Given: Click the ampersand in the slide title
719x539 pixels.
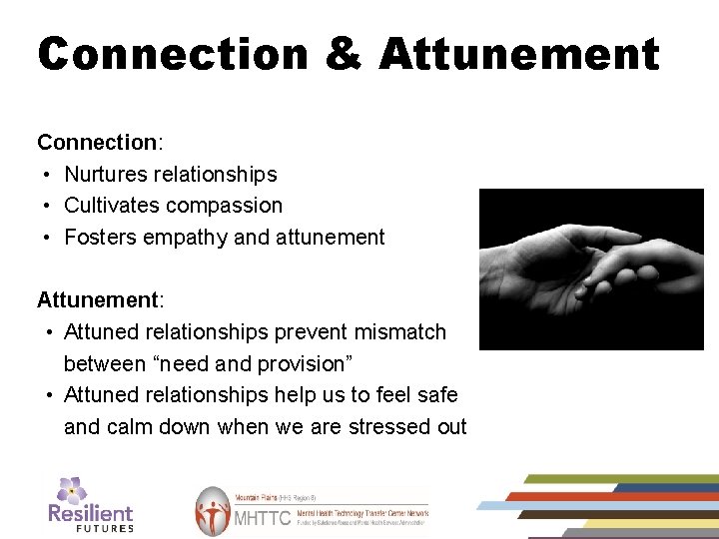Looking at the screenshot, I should pos(344,55).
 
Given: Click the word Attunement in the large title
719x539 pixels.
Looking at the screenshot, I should pos(519,55).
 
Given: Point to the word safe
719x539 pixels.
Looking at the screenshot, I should pos(435,395).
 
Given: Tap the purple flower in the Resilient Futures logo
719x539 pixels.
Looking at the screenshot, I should pos(71,490).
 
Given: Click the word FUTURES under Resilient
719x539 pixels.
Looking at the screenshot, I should pos(104,528).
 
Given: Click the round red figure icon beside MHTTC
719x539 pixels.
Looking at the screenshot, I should pos(213,512).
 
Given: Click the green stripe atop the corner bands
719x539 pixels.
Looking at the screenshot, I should pos(619,479).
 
